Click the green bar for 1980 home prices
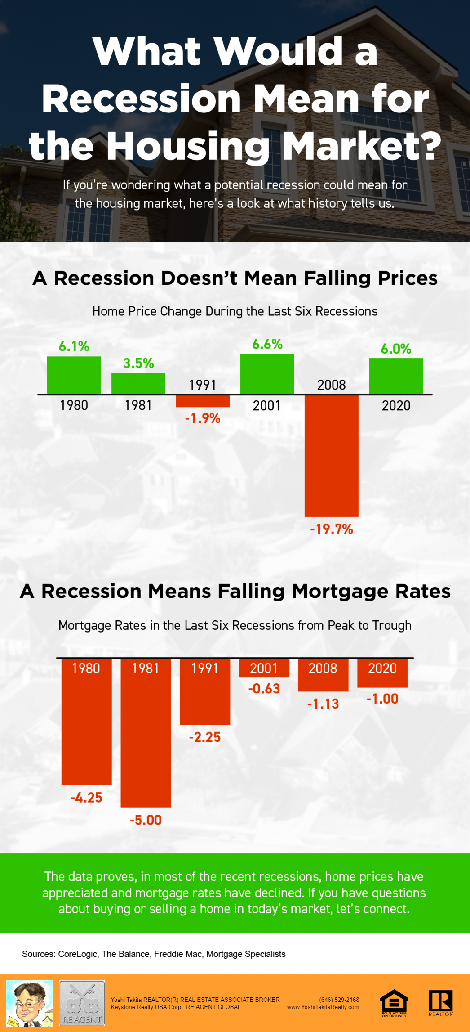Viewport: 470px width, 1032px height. (x=74, y=375)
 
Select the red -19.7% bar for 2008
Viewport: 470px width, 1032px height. (x=332, y=455)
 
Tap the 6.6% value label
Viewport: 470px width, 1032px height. (x=267, y=344)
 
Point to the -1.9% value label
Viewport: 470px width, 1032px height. (x=203, y=418)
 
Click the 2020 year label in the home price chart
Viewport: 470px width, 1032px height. (x=396, y=405)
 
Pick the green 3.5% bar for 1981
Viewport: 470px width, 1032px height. (x=138, y=383)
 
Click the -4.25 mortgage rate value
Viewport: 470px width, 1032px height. (x=86, y=798)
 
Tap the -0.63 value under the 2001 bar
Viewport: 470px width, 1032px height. (x=264, y=688)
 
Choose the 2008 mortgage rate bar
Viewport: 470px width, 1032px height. (x=323, y=674)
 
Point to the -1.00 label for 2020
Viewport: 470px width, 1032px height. (x=382, y=699)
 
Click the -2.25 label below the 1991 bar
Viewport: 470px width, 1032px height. (x=205, y=737)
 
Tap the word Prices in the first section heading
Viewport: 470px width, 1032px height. (x=408, y=278)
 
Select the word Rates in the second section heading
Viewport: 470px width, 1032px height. (x=422, y=591)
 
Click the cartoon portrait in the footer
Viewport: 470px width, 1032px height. (x=29, y=1003)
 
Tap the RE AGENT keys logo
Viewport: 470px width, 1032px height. (x=82, y=1003)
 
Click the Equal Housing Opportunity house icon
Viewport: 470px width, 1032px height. (x=394, y=1002)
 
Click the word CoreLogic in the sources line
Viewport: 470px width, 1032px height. (x=77, y=954)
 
